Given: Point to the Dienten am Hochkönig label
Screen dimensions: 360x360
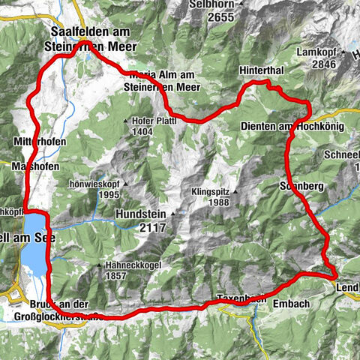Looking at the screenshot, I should [292, 127].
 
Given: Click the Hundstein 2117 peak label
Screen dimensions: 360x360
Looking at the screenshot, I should [139, 220].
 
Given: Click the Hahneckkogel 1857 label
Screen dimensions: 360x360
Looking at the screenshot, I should [130, 272].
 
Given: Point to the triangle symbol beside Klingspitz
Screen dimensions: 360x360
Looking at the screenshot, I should [234, 191].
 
